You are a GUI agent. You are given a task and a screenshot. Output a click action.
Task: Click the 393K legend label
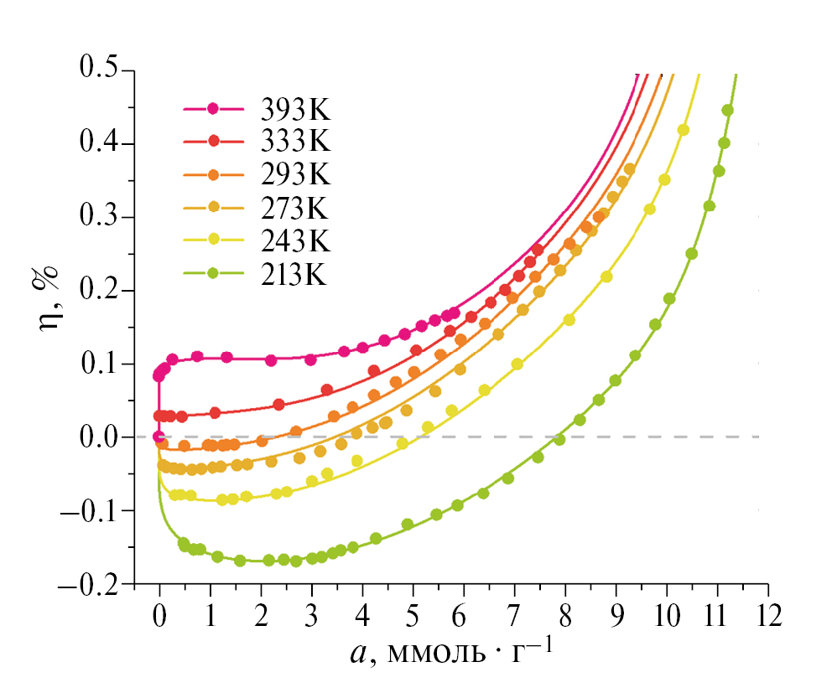[295, 110]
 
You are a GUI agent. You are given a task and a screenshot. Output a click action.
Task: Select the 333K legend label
[295, 142]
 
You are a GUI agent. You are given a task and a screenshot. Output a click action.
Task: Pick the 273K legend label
[295, 208]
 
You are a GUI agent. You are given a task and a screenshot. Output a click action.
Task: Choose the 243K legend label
[295, 240]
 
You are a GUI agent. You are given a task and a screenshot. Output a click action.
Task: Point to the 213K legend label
[295, 273]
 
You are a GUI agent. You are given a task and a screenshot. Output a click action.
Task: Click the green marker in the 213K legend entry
[213, 273]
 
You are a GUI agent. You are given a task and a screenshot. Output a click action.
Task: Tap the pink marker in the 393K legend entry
[213, 109]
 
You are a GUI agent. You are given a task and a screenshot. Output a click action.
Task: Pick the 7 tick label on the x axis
[515, 616]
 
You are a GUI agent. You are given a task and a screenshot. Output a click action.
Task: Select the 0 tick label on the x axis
[159, 616]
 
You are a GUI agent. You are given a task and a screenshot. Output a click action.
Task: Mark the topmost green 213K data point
[727, 111]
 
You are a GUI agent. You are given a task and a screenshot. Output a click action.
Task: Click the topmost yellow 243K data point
[683, 130]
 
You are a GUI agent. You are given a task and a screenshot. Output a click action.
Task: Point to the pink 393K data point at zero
[159, 437]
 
